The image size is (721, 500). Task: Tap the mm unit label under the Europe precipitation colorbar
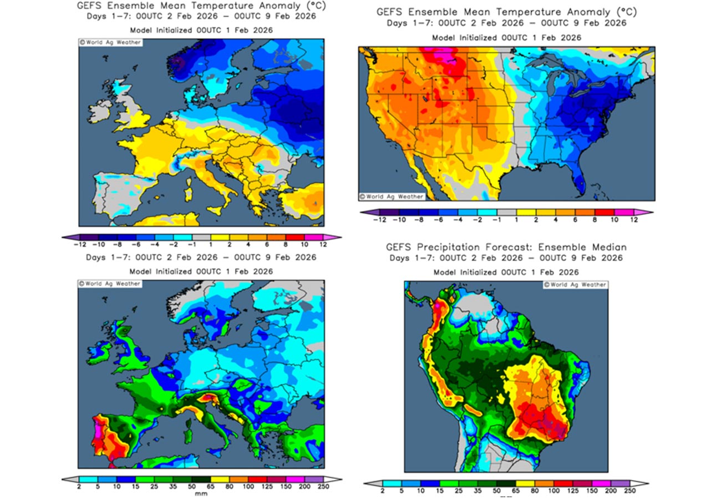click(201, 493)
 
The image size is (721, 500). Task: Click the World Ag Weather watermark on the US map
click(392, 196)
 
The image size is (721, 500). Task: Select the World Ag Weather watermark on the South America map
click(575, 285)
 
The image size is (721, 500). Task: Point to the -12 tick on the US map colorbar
click(379, 220)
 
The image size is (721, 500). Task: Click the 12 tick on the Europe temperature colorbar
click(322, 244)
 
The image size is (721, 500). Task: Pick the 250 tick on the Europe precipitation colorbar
click(322, 487)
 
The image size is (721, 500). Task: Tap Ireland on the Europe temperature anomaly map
click(101, 111)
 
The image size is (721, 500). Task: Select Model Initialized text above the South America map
click(466, 272)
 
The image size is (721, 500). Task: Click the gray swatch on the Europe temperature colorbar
click(201, 237)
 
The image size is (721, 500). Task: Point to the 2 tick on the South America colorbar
click(382, 491)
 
